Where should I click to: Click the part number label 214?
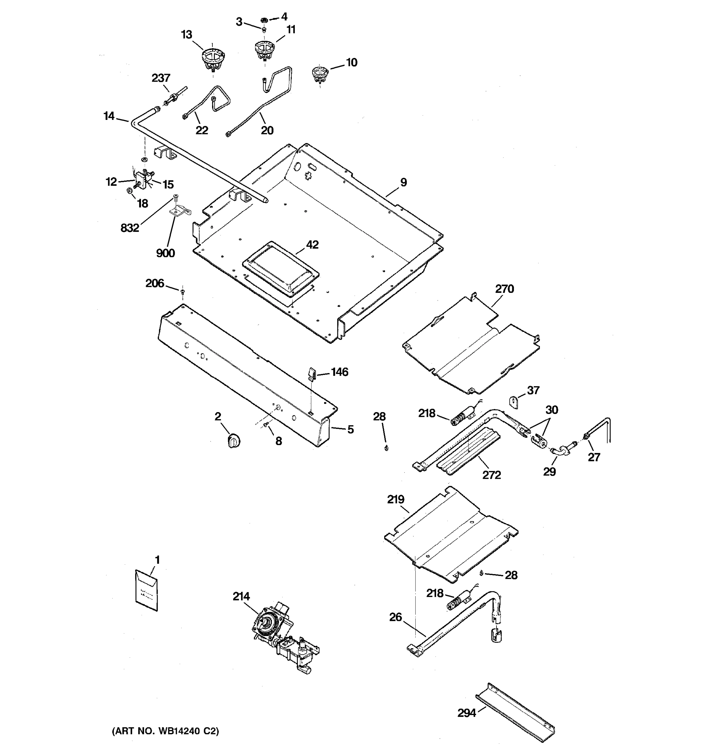241,597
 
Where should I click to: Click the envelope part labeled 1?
147,590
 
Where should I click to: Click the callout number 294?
466,713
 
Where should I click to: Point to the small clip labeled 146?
311,374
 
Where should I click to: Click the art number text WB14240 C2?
165,731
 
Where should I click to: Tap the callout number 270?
504,289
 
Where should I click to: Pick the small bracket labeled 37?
514,402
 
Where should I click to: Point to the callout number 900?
166,253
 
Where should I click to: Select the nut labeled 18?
129,190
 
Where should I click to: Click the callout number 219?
396,500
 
